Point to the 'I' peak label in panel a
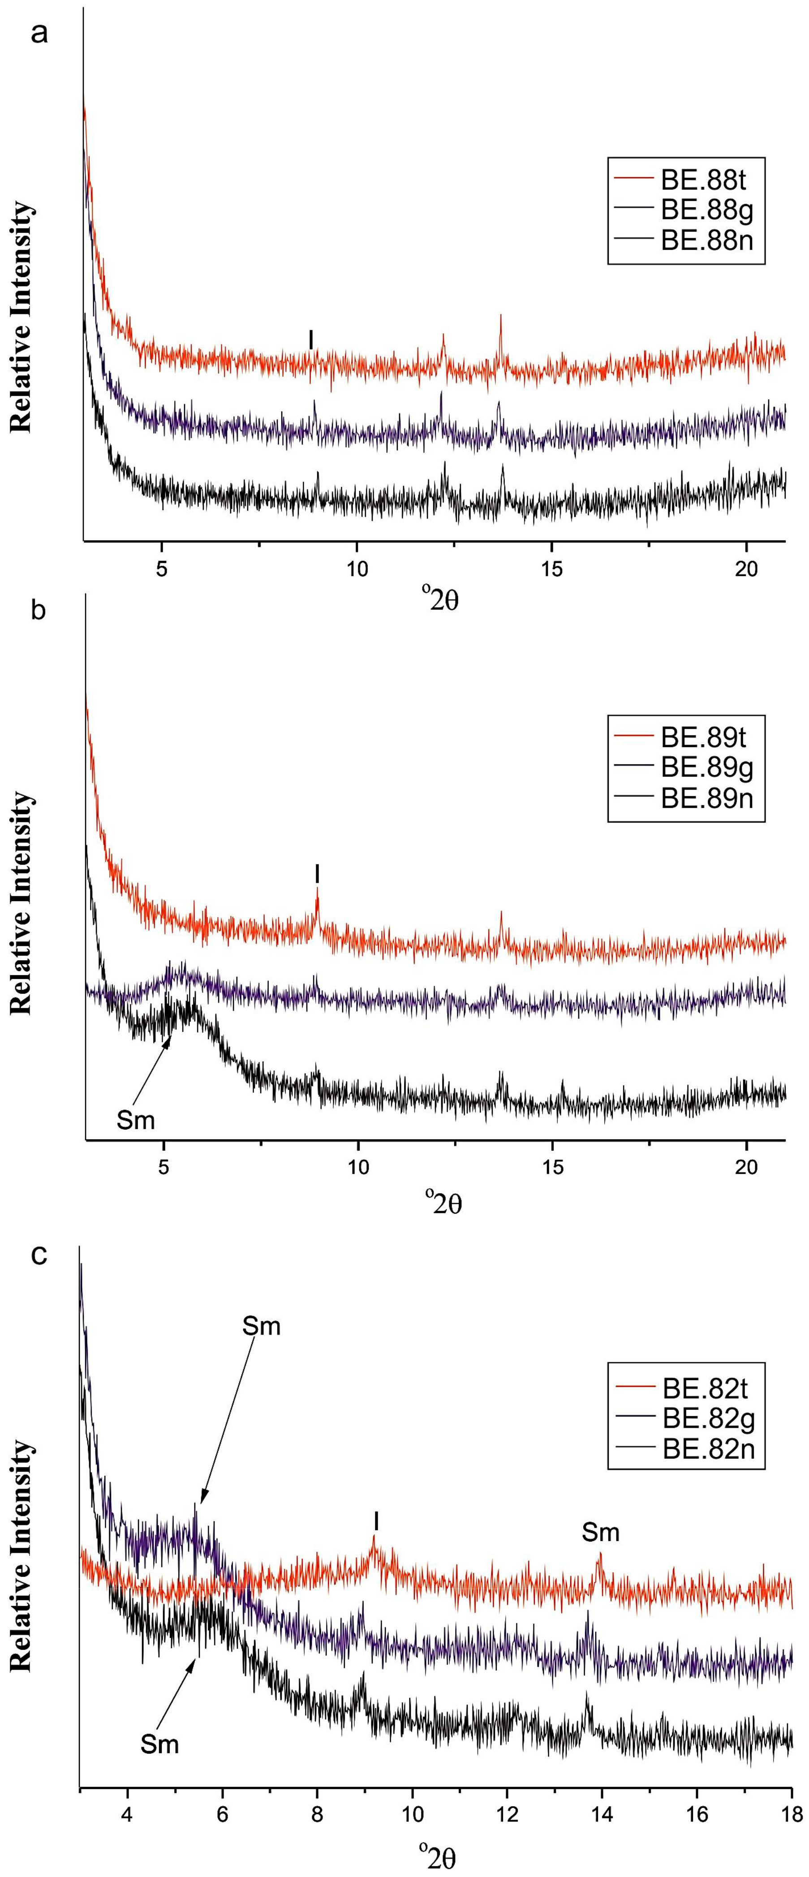(311, 339)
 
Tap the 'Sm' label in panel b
(136, 1119)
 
